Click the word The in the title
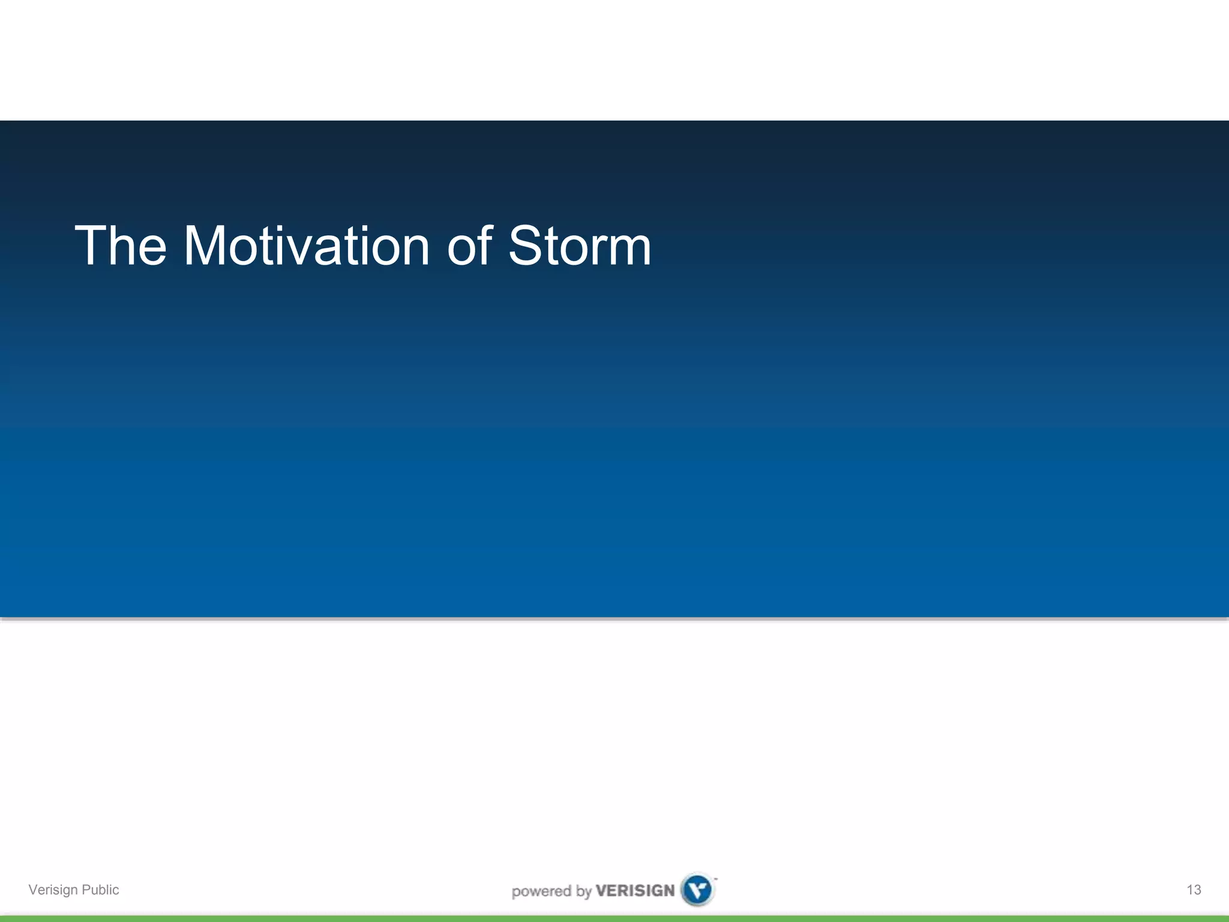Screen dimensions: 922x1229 tap(120, 246)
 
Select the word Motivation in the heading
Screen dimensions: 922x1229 tap(306, 246)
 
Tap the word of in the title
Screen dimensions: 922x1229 tap(470, 246)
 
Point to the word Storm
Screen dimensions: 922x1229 tap(579, 246)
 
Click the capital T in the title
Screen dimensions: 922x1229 tap(90, 246)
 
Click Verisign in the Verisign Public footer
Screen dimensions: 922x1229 tap(53, 890)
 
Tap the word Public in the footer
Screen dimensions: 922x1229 tap(100, 890)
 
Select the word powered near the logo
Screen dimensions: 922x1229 tap(541, 891)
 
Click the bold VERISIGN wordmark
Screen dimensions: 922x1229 tap(635, 891)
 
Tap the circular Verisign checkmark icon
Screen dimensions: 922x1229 tap(697, 890)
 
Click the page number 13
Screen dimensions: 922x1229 tap(1194, 890)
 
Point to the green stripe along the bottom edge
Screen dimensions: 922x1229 tap(614, 918)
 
